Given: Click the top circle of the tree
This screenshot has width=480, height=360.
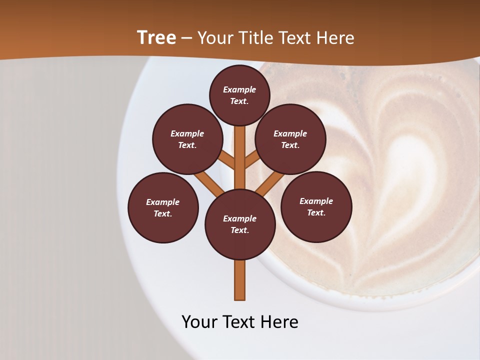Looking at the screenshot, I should coord(239,95).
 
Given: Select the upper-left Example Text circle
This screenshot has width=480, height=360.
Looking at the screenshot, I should coord(187,139).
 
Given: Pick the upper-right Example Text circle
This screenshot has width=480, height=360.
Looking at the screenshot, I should coord(290,139).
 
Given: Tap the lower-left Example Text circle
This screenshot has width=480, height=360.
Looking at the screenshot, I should coord(163,207).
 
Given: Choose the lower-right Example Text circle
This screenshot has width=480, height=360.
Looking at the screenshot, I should coord(316,206).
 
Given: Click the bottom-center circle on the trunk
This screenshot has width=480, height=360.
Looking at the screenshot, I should coord(240,224).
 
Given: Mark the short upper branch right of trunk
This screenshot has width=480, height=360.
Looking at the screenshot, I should coord(252,159).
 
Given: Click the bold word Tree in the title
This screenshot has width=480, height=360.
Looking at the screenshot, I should coord(156,37).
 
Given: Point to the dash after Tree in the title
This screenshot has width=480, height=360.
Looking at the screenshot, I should coord(186,38).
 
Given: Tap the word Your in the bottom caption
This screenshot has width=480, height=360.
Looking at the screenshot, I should coord(200,322).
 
